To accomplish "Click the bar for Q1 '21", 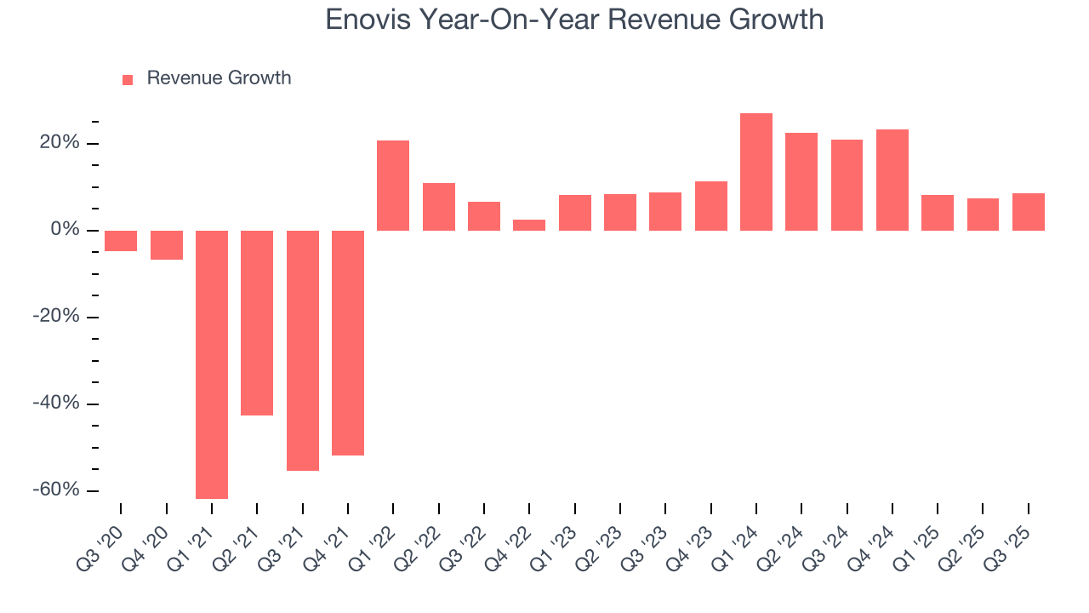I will (212, 364).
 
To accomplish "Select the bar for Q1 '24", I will (756, 172).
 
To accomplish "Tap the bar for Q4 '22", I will (529, 225).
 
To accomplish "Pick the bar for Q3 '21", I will (303, 350).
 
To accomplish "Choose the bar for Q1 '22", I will (393, 186).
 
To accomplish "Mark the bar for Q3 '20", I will (121, 241).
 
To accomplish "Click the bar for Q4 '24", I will (892, 180).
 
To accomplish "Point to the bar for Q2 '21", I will (257, 323).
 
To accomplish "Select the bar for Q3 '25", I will (1029, 212).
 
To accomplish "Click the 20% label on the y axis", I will (59, 143).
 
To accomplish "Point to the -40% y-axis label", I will (55, 403).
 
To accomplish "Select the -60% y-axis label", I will (55, 490).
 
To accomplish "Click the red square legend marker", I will (128, 79).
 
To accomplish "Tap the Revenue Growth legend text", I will (219, 78).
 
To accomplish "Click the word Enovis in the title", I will (367, 20).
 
